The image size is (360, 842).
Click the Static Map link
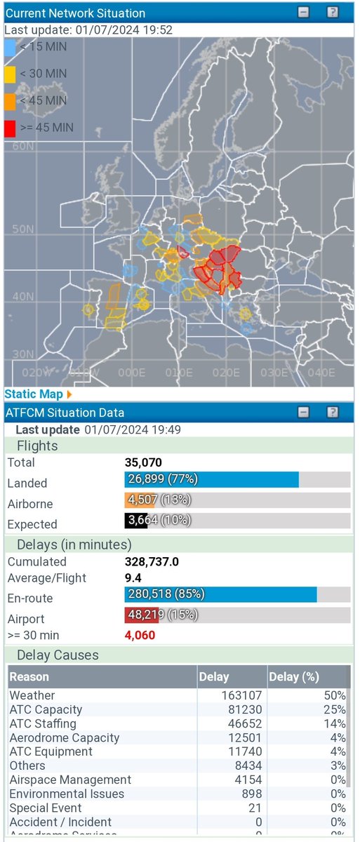click(33, 394)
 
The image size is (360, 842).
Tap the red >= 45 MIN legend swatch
click(10, 127)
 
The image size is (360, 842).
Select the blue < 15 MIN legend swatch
click(10, 47)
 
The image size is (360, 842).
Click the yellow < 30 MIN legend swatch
click(10, 74)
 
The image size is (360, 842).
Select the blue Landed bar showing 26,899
click(211, 479)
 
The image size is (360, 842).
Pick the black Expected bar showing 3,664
click(135, 521)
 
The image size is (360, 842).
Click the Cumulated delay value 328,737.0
click(152, 561)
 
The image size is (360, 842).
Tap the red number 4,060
click(140, 635)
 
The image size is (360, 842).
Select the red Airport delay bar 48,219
click(140, 615)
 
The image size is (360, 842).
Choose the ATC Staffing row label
click(43, 723)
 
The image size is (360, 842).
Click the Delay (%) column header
click(295, 677)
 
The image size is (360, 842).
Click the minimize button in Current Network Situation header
click(302, 12)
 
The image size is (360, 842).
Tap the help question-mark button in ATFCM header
click(333, 412)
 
